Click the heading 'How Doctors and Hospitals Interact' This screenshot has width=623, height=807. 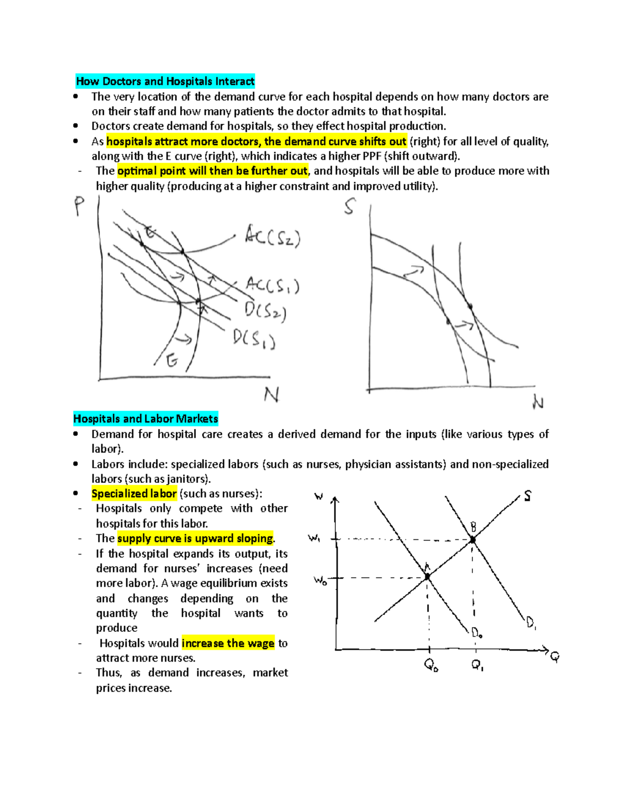[165, 81]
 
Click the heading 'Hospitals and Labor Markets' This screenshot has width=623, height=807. [145, 419]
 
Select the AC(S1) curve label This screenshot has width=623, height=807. [272, 285]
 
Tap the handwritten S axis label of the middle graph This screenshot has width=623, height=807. [350, 206]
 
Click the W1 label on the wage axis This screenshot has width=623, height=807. [314, 538]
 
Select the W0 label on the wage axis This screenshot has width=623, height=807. [320, 580]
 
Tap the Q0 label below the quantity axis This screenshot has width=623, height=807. [431, 665]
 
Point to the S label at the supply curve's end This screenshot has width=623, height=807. [527, 496]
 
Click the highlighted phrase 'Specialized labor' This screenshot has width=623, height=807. [134, 494]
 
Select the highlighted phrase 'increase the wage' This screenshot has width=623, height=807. [228, 643]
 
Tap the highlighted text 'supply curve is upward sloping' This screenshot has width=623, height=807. [195, 538]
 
